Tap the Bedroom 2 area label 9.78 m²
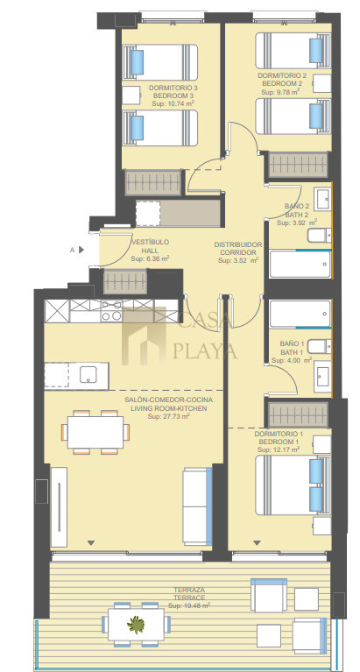[280, 91]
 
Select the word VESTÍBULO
[150, 242]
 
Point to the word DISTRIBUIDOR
[238, 244]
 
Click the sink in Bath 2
[322, 199]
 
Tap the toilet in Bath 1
[320, 346]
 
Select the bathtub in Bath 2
[300, 264]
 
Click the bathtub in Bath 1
[300, 315]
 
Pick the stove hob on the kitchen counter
[111, 311]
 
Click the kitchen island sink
[88, 375]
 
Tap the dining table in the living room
[95, 432]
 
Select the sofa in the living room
[198, 506]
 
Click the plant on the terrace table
[136, 625]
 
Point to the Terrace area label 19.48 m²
[189, 606]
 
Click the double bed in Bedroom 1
[293, 485]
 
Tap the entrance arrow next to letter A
[81, 250]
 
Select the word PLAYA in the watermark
[205, 350]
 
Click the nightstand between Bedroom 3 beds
[131, 95]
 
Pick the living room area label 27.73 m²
[168, 416]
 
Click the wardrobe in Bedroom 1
[298, 414]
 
